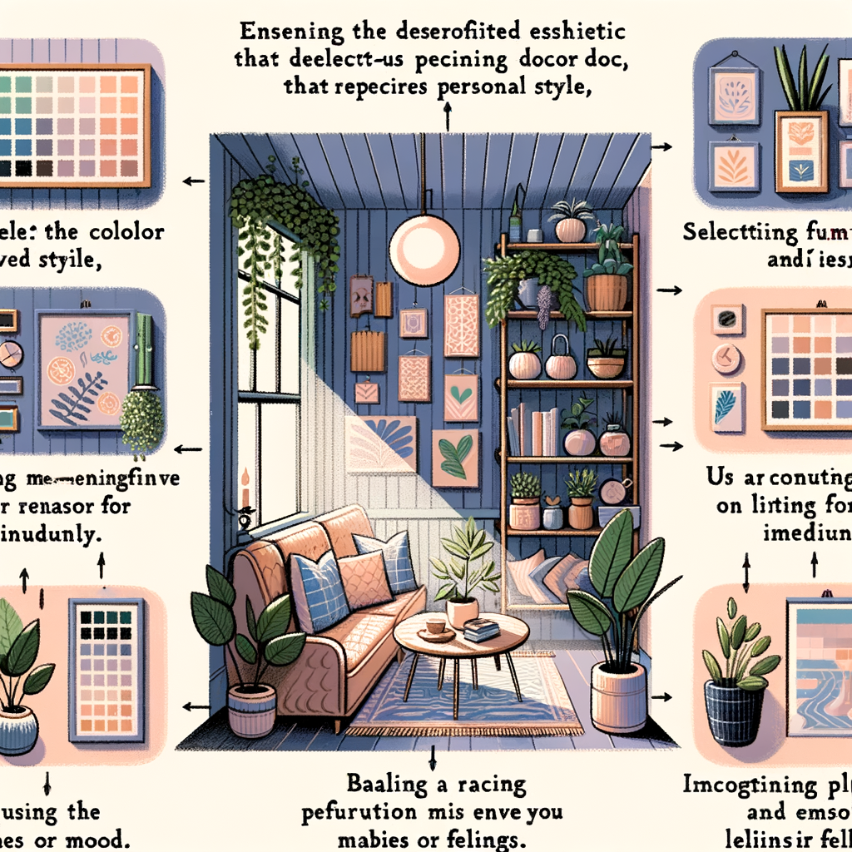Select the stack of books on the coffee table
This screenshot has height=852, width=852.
click(481, 629)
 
